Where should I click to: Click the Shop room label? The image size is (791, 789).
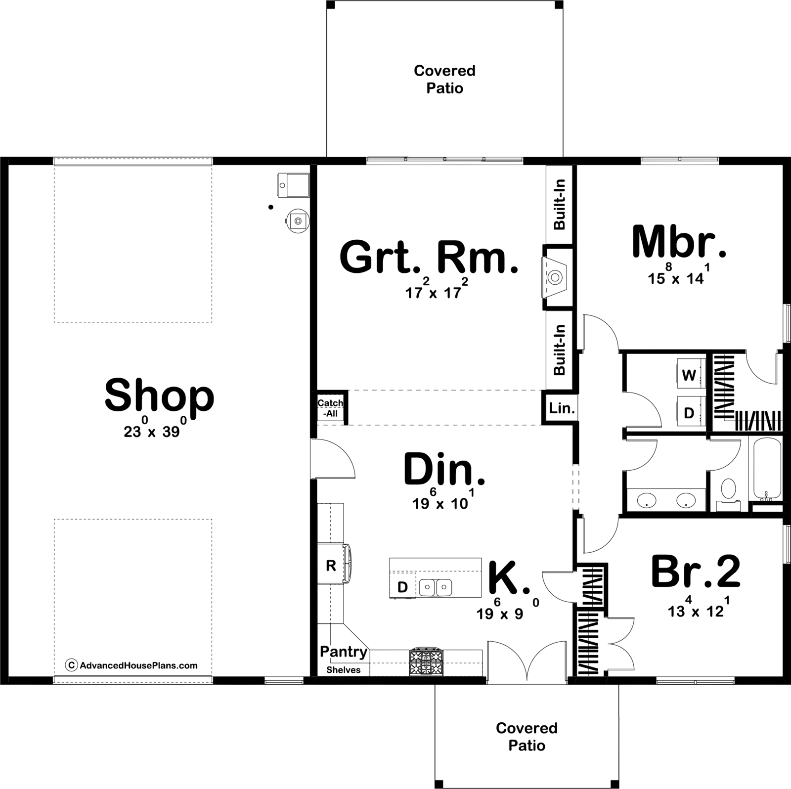pos(159,396)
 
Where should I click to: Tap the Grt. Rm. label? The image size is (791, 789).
pos(429,258)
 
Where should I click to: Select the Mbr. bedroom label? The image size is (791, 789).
pos(679,242)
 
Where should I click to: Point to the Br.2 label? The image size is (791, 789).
pos(696,572)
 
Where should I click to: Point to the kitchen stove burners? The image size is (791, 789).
pos(426,662)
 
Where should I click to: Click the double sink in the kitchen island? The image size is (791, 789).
pos(436,588)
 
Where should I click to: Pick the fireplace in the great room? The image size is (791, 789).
pos(557,278)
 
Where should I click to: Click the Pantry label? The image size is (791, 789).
pos(344,652)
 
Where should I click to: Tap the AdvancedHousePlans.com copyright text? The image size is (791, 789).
pos(132,665)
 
